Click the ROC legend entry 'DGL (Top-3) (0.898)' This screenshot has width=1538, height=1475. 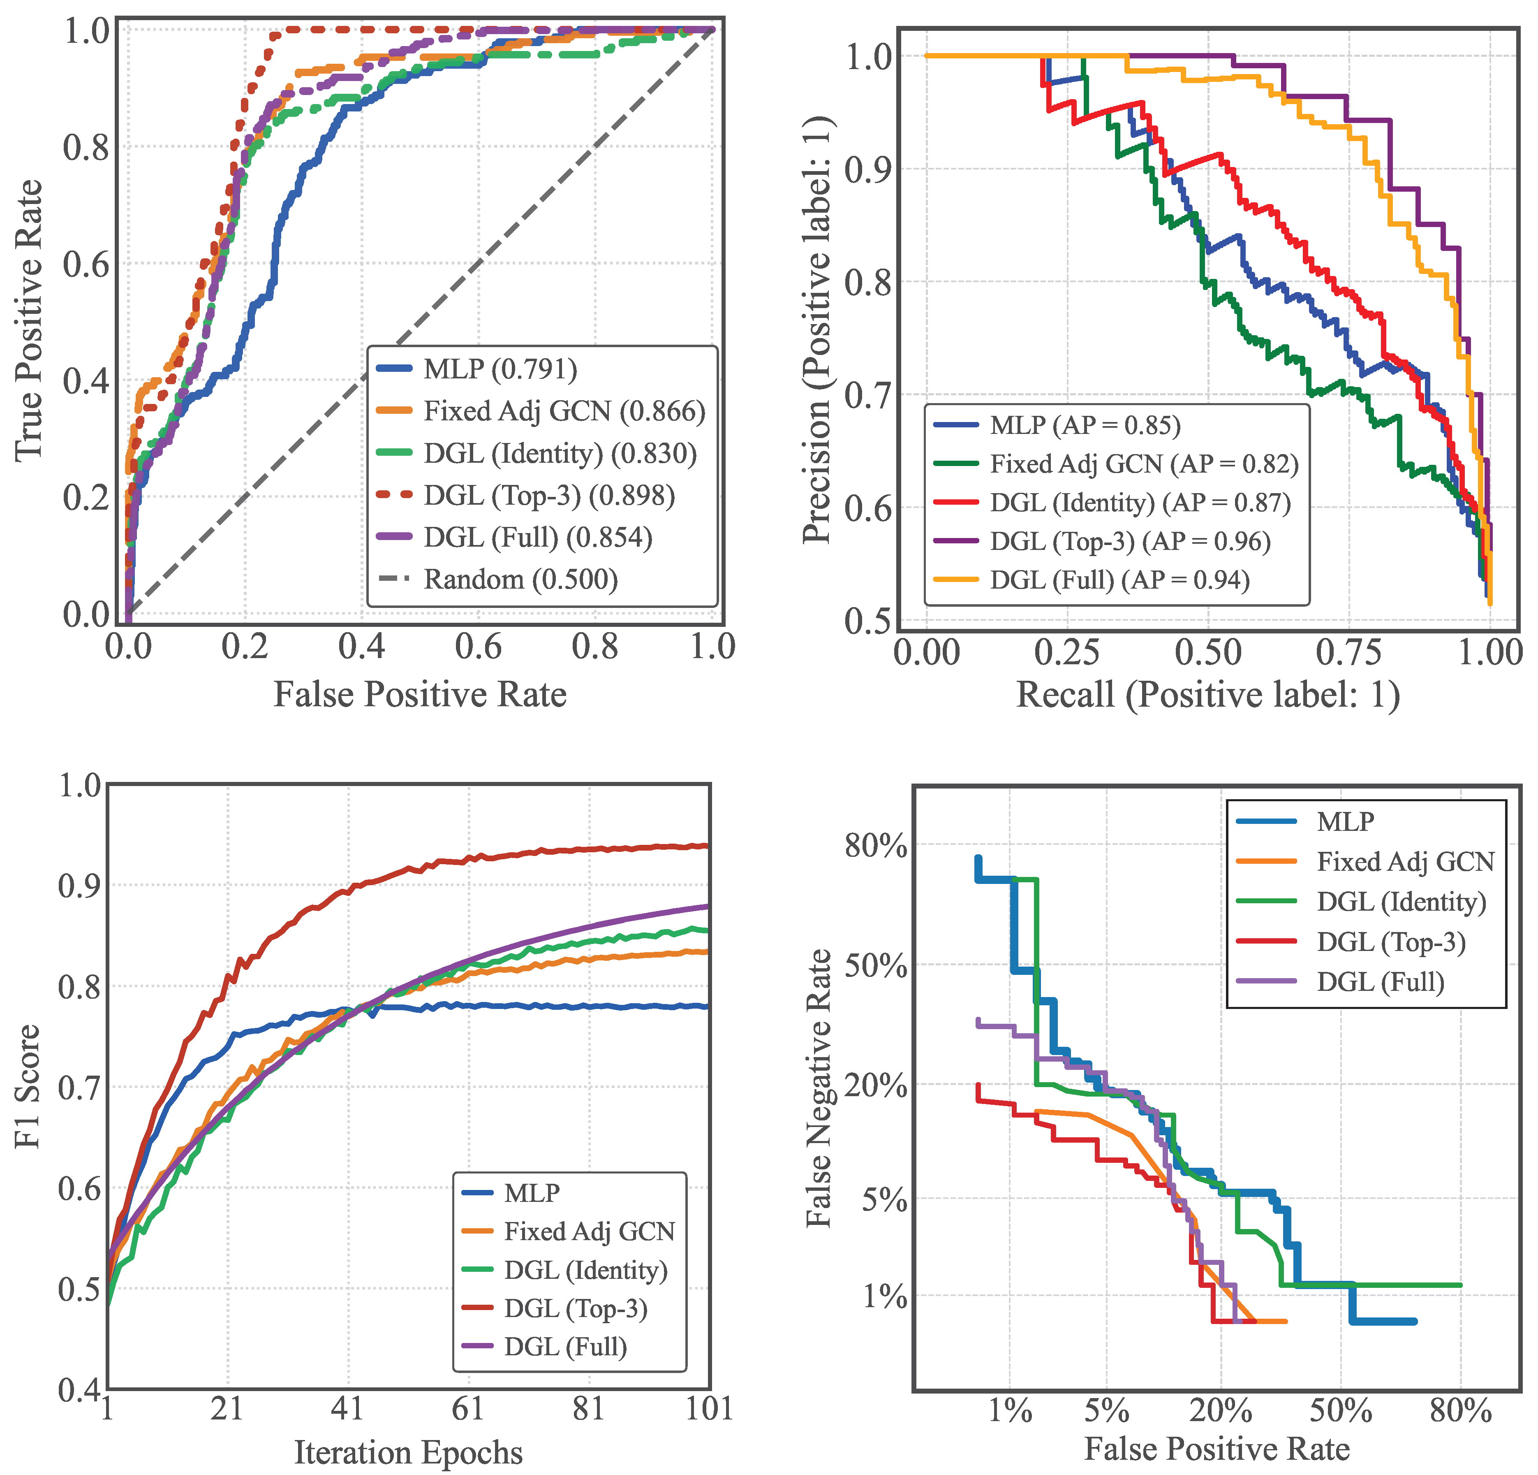[548, 495]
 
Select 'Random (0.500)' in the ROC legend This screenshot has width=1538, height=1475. [520, 579]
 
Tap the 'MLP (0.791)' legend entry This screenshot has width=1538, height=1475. [500, 369]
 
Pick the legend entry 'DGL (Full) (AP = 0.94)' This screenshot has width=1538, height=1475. [1119, 580]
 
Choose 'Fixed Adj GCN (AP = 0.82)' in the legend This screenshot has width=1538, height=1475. [1143, 464]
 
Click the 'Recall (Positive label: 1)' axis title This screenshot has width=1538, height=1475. [1207, 695]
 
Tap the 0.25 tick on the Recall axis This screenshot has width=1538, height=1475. [1067, 652]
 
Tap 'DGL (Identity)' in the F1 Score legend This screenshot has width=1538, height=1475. [585, 1269]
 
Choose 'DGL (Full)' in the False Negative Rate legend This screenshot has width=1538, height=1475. [1380, 981]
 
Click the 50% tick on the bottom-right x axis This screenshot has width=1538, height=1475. [1340, 1411]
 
